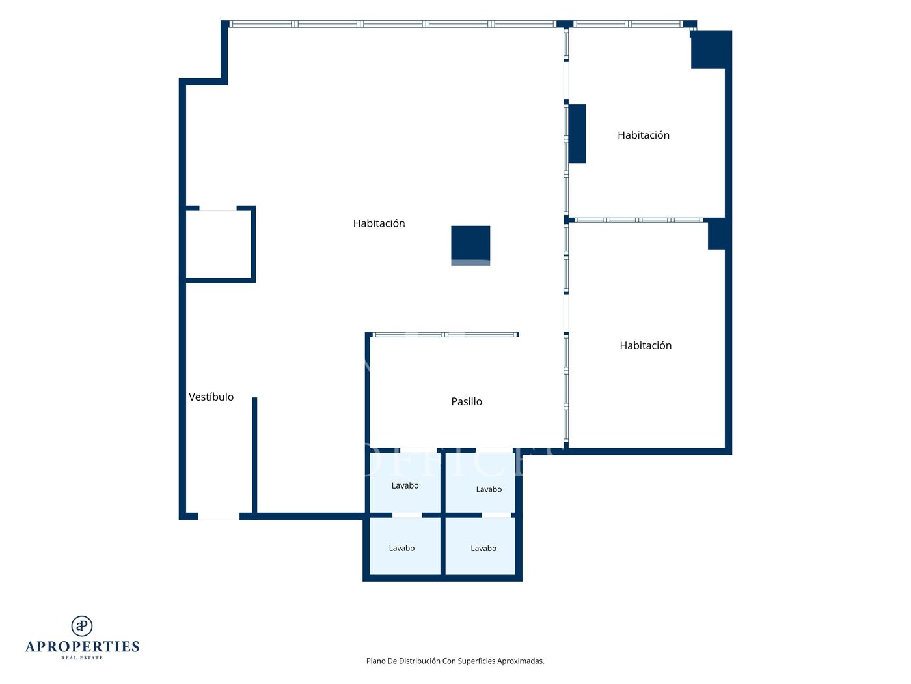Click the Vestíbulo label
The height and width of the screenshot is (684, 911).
tap(211, 397)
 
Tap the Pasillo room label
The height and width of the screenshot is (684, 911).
tap(466, 401)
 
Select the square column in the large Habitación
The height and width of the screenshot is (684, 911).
tap(470, 245)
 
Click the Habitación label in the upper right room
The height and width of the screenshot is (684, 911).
tap(643, 135)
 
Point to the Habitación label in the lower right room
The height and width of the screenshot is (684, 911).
tap(645, 345)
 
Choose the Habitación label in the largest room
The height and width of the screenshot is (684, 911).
tap(379, 223)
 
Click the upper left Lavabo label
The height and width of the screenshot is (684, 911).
tap(405, 485)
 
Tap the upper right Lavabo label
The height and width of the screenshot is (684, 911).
tap(489, 489)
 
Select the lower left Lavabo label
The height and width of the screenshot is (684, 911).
tap(401, 549)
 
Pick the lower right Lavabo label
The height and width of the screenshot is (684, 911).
tap(483, 549)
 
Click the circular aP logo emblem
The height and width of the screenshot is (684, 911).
tap(82, 626)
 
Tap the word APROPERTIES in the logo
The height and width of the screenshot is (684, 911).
tap(82, 647)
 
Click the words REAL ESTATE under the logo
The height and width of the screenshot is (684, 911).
tap(82, 657)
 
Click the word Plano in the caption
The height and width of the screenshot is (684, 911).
tap(375, 661)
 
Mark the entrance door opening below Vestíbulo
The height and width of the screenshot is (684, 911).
tap(218, 516)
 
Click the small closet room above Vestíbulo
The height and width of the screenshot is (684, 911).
tap(218, 245)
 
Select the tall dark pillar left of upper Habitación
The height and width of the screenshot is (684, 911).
tap(577, 134)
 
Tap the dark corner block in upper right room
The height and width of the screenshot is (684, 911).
tap(711, 50)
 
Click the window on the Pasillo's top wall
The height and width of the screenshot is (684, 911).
tap(444, 335)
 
